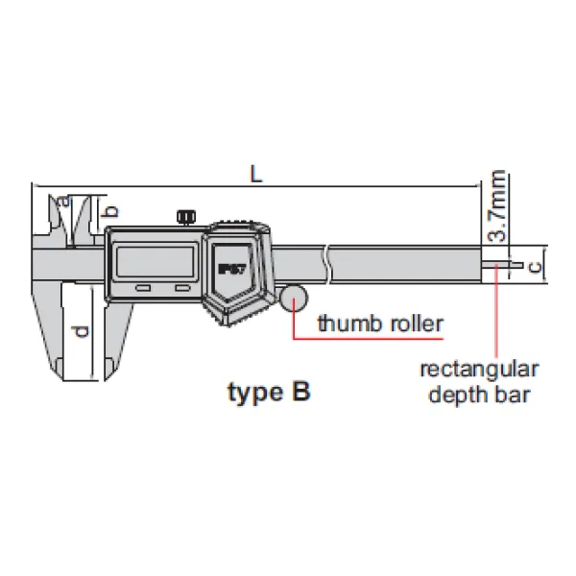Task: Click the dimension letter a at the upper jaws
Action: pyautogui.click(x=63, y=201)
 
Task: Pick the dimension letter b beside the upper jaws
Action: pyautogui.click(x=109, y=210)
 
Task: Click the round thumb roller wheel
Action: pyautogui.click(x=294, y=298)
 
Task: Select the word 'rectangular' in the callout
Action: pyautogui.click(x=480, y=369)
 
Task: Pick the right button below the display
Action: pyautogui.click(x=180, y=287)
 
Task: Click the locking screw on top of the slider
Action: pyautogui.click(x=184, y=218)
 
